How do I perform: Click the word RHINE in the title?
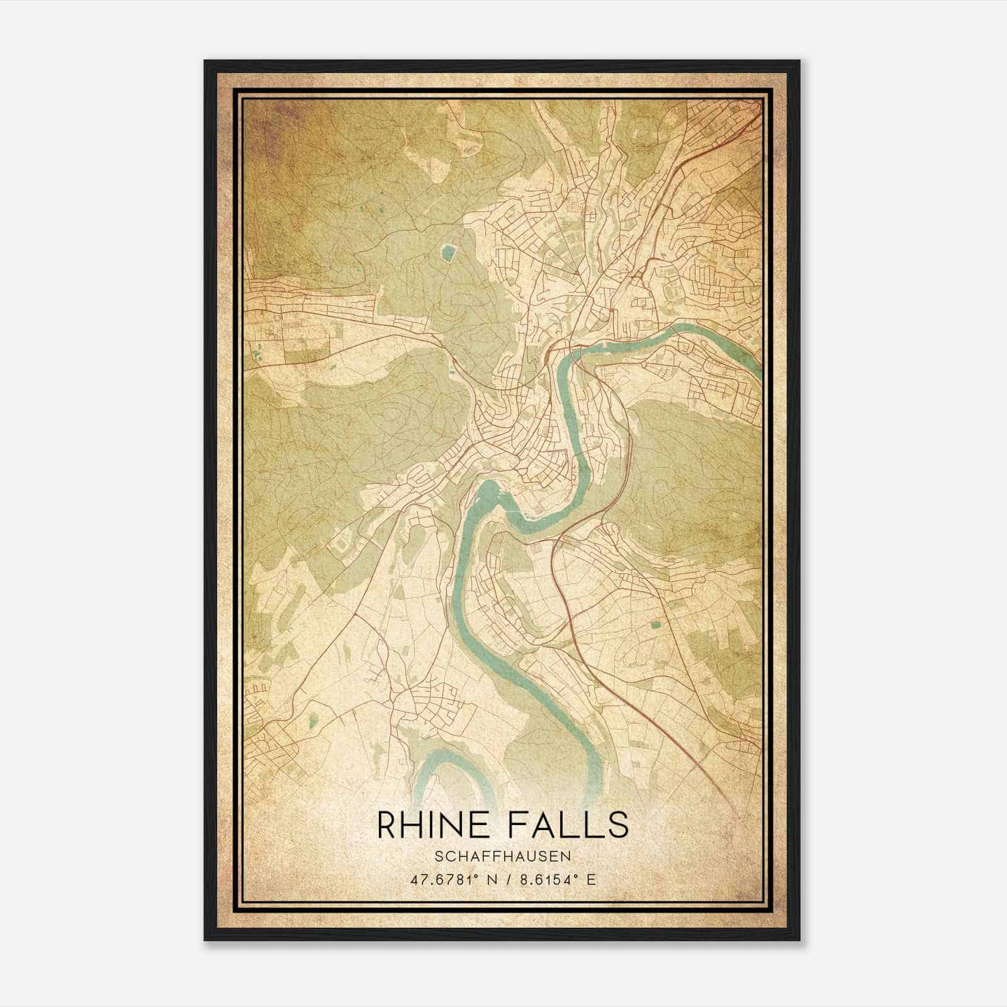click(x=428, y=825)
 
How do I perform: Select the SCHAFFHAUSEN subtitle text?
click(x=502, y=857)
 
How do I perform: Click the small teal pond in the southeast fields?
click(x=656, y=625)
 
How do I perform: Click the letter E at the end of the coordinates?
click(x=590, y=880)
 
